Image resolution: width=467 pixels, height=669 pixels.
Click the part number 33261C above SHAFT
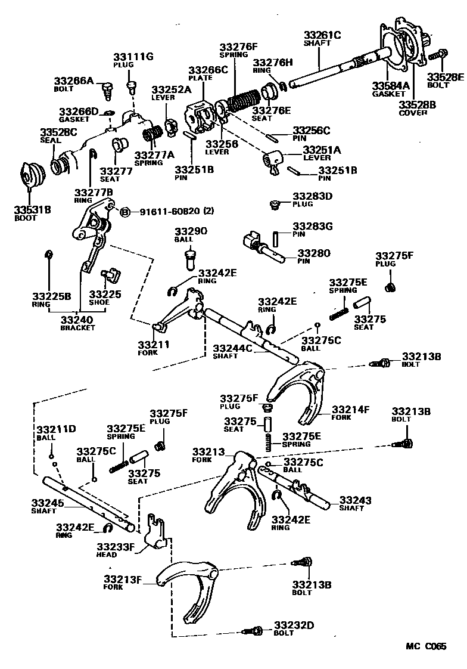tap(322, 35)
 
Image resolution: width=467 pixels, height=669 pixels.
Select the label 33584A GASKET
tap(390, 89)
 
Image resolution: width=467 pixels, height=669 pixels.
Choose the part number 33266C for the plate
tap(208, 70)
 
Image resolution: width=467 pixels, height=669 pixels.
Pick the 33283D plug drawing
tap(275, 205)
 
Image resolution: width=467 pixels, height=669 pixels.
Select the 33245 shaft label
tap(47, 507)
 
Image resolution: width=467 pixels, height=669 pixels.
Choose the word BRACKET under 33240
tap(77, 328)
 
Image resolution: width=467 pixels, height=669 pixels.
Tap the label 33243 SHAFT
tap(356, 504)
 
